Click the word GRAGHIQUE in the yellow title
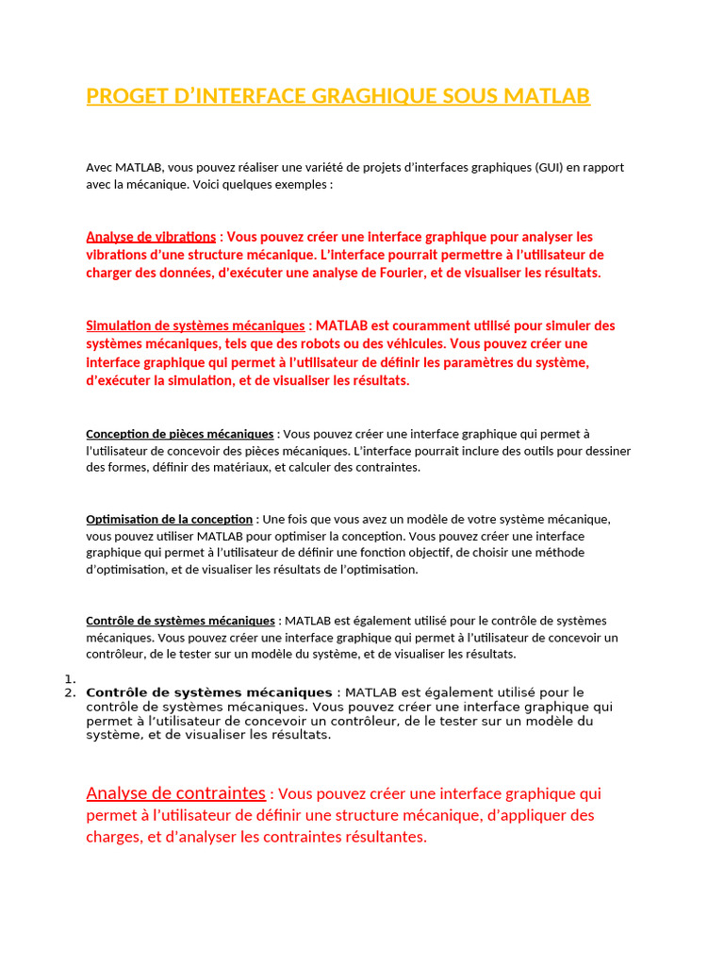tap(353, 96)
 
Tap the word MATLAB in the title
tap(546, 96)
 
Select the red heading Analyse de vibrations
tap(151, 237)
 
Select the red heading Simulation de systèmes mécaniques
tap(195, 325)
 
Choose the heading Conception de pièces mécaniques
tap(179, 434)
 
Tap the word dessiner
tap(606, 451)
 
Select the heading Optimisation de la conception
tap(169, 520)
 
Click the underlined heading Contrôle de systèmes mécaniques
tap(180, 621)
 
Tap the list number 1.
tap(69, 679)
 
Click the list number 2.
tap(69, 693)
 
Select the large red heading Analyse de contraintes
tap(175, 793)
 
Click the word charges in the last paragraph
tap(112, 837)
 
